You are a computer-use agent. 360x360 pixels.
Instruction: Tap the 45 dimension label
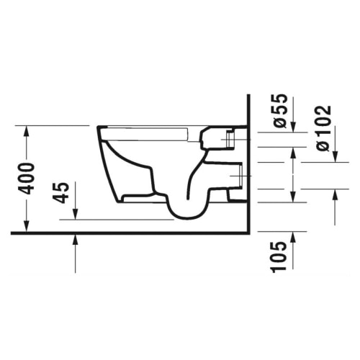(61, 193)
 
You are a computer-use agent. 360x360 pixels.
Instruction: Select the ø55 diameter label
(280, 111)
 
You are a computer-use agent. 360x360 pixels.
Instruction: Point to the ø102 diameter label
(323, 128)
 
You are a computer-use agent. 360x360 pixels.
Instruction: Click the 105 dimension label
(279, 257)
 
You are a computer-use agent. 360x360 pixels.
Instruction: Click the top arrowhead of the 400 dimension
(27, 132)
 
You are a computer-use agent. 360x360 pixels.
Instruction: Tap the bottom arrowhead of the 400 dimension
(27, 226)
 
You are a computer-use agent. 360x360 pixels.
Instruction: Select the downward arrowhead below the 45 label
(76, 214)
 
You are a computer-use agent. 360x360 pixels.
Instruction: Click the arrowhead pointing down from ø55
(293, 127)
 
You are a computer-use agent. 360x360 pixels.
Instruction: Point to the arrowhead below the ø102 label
(335, 156)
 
